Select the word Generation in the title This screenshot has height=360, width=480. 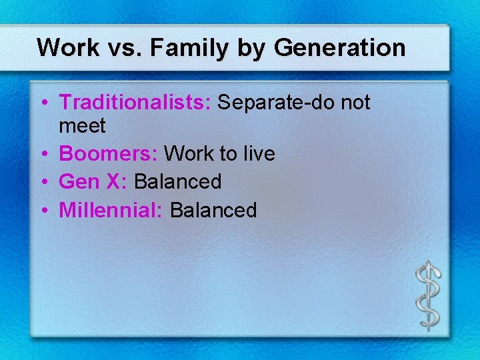339,48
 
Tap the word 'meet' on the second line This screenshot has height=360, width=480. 82,125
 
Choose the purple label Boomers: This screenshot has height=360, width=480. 109,154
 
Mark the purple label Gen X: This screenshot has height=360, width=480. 93,182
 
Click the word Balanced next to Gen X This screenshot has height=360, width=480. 178,182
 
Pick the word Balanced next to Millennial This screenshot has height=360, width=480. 213,211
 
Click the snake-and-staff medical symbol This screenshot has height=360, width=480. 427,293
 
